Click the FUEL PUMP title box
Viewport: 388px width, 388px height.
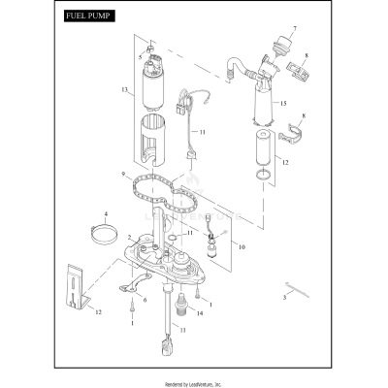pos(86,17)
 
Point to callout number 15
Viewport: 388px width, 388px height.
pos(283,103)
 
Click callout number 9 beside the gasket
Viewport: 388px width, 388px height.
pos(123,176)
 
